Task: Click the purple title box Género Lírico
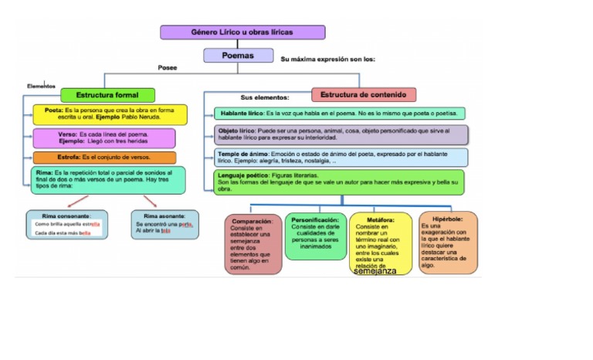242,32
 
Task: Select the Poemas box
239,56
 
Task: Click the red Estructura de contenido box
364,95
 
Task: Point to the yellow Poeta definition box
110,114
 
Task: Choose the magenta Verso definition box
104,138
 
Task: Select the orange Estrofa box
104,158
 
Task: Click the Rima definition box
109,180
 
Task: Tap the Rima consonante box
67,225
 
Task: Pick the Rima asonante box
164,225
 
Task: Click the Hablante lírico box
339,114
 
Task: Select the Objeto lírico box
341,134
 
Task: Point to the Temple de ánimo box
341,158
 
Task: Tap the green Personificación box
315,236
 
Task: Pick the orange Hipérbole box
448,242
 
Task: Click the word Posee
168,68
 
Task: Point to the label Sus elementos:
265,97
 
